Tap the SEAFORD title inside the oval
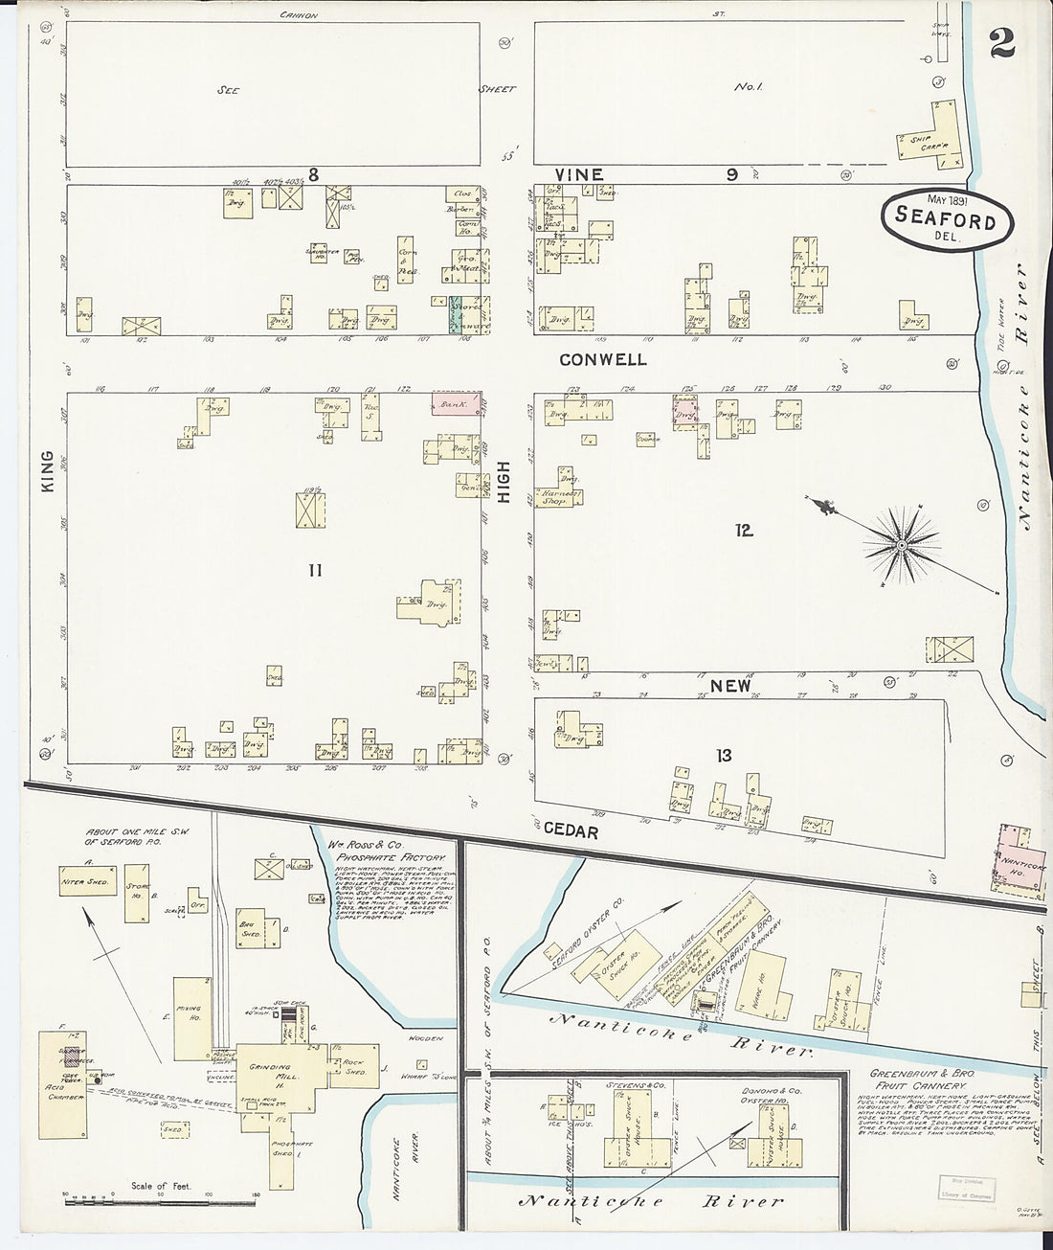point(945,218)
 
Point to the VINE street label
point(579,174)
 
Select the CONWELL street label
point(603,360)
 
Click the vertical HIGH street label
point(504,483)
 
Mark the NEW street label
point(730,686)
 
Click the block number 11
point(315,571)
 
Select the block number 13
point(724,756)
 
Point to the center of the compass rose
point(900,546)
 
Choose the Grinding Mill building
point(276,1073)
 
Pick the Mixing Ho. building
point(191,1018)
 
